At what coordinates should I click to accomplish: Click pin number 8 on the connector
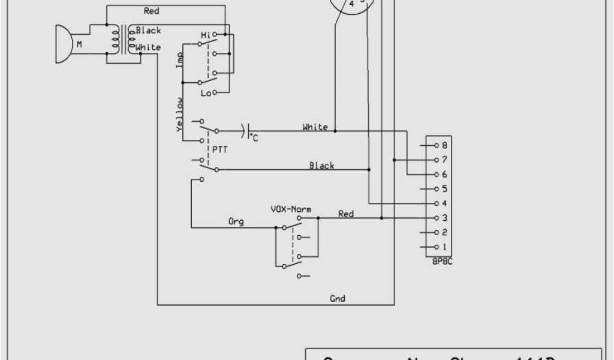(x=444, y=145)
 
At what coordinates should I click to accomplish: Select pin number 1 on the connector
(x=444, y=247)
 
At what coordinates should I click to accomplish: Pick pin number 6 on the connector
(x=444, y=174)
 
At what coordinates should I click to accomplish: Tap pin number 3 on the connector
(x=444, y=218)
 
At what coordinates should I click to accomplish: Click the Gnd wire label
(x=338, y=298)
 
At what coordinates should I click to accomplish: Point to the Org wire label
(x=236, y=221)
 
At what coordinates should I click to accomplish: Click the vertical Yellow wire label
(x=179, y=115)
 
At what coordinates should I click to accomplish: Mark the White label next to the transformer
(x=148, y=47)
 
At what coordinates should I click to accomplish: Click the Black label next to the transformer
(x=148, y=31)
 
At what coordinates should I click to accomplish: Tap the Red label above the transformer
(x=152, y=11)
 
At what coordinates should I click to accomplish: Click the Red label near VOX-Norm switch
(x=346, y=214)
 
